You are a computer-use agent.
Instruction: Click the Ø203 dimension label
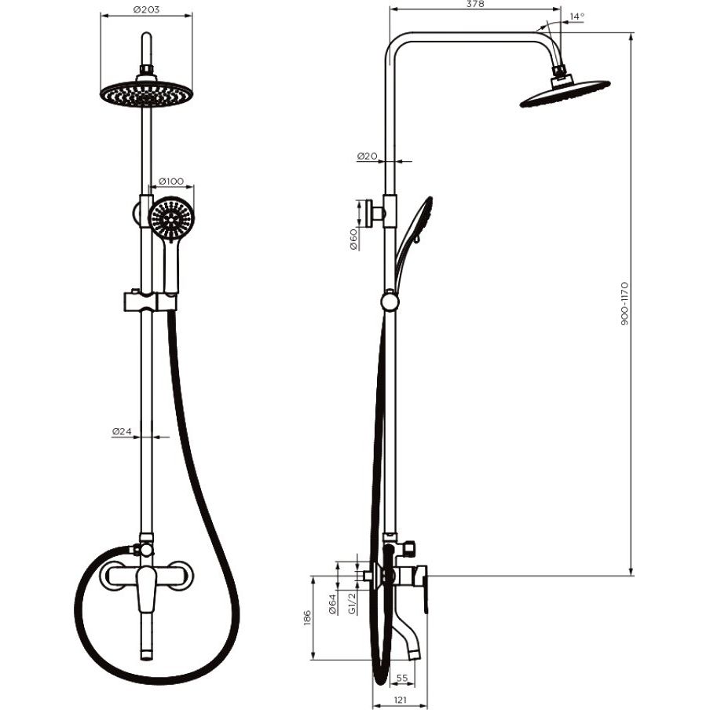coord(147,9)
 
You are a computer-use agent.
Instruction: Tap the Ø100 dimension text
coord(171,181)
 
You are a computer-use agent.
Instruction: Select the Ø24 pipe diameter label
coord(122,431)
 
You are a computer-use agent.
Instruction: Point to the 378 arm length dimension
coord(475,4)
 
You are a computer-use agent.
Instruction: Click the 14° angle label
coord(576,16)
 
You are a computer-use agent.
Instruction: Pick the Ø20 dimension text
coord(367,156)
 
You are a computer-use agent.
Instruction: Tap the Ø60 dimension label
coord(353,240)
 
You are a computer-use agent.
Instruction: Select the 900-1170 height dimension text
coord(624,304)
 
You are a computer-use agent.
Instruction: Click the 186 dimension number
coord(306,619)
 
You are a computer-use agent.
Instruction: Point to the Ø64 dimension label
coord(332,604)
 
